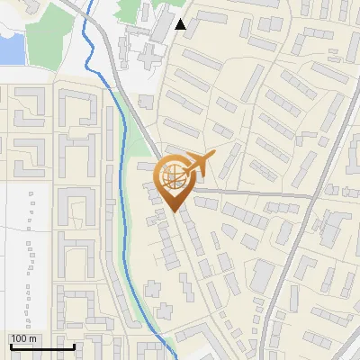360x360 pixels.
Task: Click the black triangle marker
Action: pos(181,25)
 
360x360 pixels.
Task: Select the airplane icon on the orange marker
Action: pos(199,164)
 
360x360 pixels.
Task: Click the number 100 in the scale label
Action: pos(19,338)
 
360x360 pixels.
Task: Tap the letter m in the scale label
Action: pos(33,338)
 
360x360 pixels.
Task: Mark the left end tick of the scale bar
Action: pos(10,345)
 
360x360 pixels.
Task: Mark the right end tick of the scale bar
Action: pos(74,345)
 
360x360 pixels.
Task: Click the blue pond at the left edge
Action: pos(10,49)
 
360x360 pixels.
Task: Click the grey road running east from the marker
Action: pos(252,193)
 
